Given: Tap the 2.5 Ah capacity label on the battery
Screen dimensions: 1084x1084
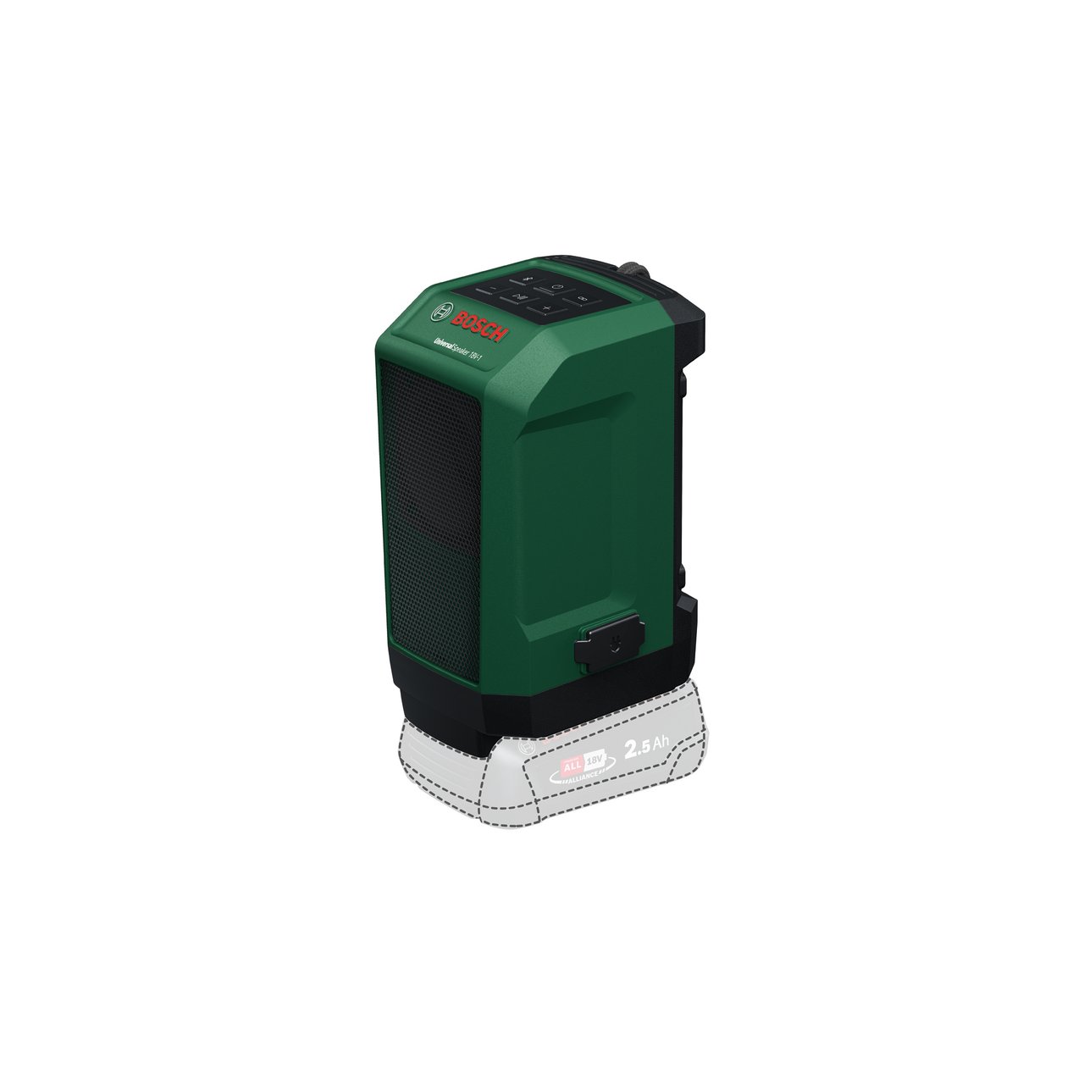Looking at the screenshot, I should tap(645, 749).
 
